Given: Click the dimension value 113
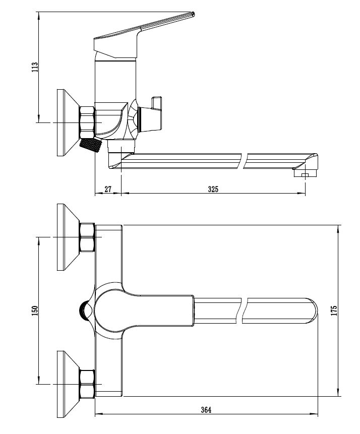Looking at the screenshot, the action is [35, 67].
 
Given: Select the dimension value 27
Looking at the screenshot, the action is [108, 189].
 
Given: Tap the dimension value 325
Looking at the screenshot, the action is [213, 189].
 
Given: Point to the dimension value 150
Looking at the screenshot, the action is [35, 311].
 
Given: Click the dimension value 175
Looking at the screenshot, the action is [334, 311].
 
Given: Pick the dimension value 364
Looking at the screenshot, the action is [206, 410].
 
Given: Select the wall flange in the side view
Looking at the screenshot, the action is [68, 122].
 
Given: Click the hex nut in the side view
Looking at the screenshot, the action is [87, 122].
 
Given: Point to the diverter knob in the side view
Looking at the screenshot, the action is [151, 115].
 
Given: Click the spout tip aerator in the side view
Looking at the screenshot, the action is [305, 174].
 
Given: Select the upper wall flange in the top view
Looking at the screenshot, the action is [68, 237].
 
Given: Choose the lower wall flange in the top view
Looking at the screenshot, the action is [68, 384].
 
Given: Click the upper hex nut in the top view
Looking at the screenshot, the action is [87, 237].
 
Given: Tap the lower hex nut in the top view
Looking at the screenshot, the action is [87, 384].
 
